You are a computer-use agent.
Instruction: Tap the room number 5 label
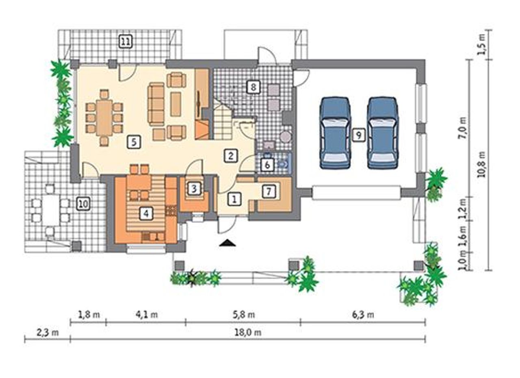click(x=134, y=142)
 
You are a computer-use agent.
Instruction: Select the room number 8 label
click(x=253, y=87)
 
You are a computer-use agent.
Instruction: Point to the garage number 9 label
click(x=359, y=135)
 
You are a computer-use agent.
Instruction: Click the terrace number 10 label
click(x=84, y=204)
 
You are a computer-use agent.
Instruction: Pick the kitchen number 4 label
click(x=146, y=213)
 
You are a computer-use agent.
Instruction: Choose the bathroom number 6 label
click(x=267, y=165)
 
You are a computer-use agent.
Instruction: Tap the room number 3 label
click(x=194, y=189)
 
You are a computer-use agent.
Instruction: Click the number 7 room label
click(x=269, y=191)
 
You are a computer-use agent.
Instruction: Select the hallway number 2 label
click(x=231, y=155)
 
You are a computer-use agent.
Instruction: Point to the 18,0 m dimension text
click(x=248, y=333)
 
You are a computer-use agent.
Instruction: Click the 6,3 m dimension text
click(x=363, y=315)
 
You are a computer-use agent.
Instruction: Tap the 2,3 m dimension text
click(x=48, y=333)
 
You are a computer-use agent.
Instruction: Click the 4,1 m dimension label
click(x=147, y=315)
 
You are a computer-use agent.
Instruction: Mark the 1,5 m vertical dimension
click(x=481, y=45)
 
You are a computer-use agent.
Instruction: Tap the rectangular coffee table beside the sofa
click(x=175, y=104)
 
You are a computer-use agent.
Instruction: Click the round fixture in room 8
click(x=285, y=137)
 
